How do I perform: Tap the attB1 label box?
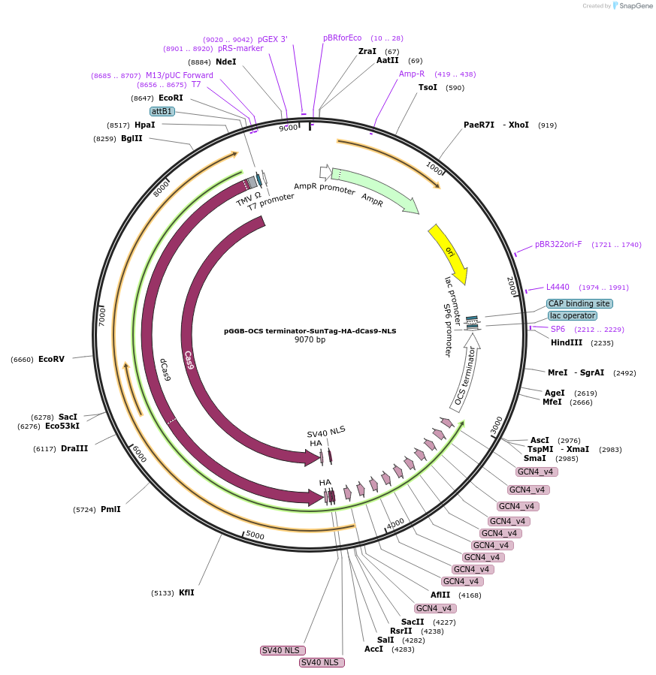click(x=162, y=111)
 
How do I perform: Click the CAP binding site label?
click(x=579, y=304)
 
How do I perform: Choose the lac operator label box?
click(x=573, y=316)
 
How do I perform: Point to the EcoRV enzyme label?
click(x=51, y=359)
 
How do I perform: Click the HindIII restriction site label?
click(x=567, y=342)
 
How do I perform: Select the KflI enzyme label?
click(x=186, y=592)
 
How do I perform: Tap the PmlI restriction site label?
click(x=110, y=509)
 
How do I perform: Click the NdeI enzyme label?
click(x=225, y=62)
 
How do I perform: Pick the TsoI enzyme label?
click(x=428, y=87)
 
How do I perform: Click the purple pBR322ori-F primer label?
click(x=558, y=245)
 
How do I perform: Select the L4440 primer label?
click(x=558, y=287)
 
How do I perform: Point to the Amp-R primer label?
click(x=412, y=74)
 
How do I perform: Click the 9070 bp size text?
click(x=310, y=340)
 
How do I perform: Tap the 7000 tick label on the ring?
click(x=102, y=315)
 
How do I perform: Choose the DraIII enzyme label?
click(x=74, y=448)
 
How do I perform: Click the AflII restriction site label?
click(x=440, y=595)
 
